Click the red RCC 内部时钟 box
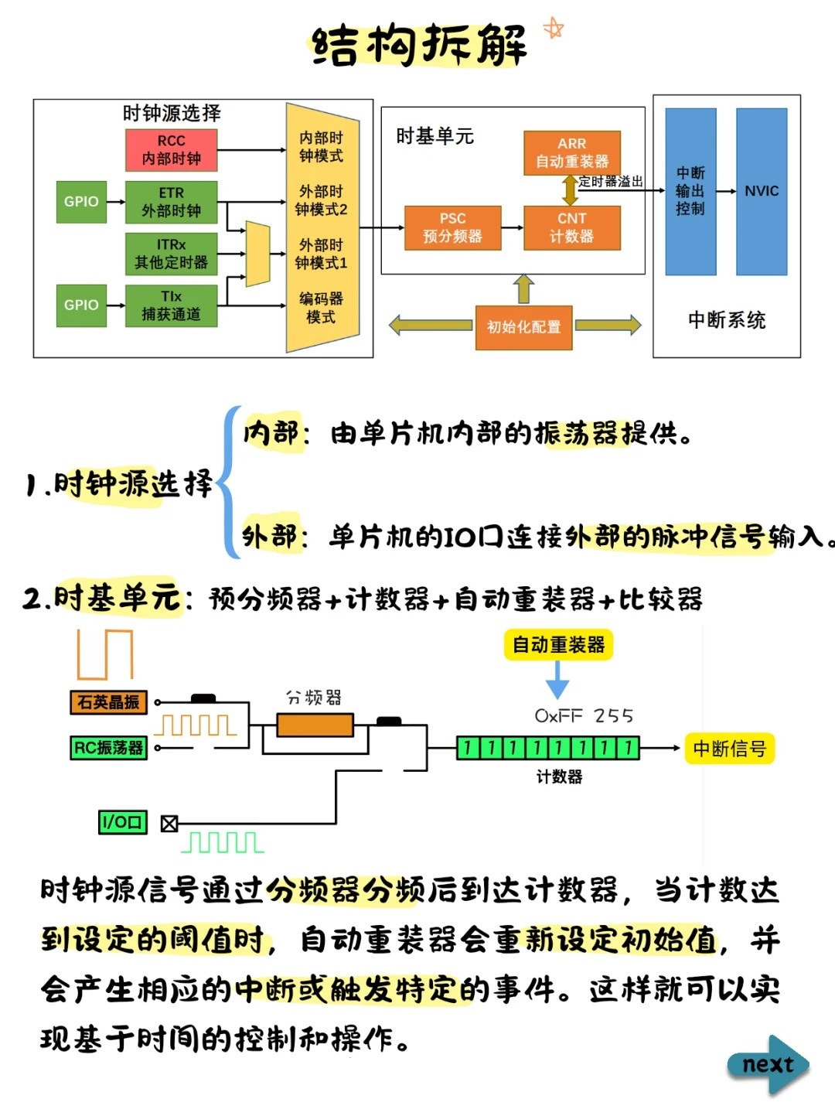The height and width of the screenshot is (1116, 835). coord(171,150)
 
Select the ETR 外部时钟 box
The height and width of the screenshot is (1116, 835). coord(171,202)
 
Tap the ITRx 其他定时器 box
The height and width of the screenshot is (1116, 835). coord(171,254)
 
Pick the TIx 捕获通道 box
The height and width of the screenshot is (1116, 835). coord(171,305)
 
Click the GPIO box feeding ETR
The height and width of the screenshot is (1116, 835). coord(81,202)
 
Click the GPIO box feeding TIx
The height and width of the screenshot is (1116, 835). coord(81,305)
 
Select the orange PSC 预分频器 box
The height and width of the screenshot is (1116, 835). coord(452,227)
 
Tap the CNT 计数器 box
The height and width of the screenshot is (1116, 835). coord(571,227)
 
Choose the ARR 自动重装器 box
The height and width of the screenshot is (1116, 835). coord(571,152)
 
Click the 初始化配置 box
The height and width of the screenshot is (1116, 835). coord(523,327)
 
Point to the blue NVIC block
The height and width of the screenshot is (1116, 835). coord(762,191)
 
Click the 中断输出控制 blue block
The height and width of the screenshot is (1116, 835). coord(690,191)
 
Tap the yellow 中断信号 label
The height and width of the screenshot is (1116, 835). coord(729,748)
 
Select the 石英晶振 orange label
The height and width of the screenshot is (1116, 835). coord(108,702)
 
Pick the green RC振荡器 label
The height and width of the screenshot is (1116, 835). coord(108,748)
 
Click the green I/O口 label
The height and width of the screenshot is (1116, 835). coord(122,822)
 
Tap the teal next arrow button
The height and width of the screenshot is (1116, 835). coord(769,1065)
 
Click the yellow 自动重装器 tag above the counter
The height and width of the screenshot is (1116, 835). coord(558,645)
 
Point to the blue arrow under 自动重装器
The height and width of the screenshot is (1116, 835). coord(557,681)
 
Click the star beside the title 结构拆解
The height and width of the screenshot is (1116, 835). coord(554,29)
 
